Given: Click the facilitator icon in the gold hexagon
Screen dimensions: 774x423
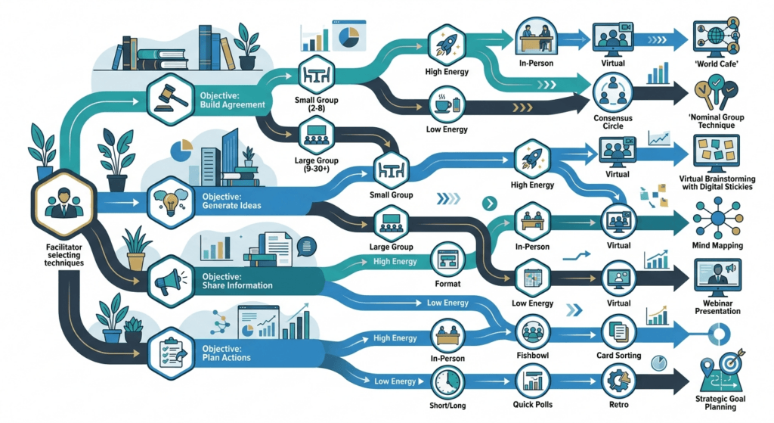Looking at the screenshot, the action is pyautogui.click(x=63, y=204).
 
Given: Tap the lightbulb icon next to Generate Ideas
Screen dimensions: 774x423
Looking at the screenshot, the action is pyautogui.click(x=170, y=202).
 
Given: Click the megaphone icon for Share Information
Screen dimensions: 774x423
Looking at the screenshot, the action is pyautogui.click(x=170, y=281).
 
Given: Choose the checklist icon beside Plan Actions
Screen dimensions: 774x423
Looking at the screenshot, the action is pyautogui.click(x=171, y=353).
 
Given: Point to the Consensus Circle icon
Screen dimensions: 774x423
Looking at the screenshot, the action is pyautogui.click(x=612, y=92).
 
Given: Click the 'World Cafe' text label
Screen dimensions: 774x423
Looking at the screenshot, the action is pyautogui.click(x=717, y=64).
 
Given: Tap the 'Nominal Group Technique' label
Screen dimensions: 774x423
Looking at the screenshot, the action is pyautogui.click(x=717, y=121).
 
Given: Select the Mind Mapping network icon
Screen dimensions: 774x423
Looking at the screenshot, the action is pyautogui.click(x=717, y=217).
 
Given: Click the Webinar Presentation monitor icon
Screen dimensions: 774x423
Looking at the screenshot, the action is pyautogui.click(x=717, y=278).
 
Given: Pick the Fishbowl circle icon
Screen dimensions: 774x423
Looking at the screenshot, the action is pyautogui.click(x=533, y=332).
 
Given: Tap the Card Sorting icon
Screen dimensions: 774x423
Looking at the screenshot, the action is pyautogui.click(x=618, y=332).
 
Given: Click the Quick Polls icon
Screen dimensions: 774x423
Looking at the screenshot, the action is pyautogui.click(x=533, y=381).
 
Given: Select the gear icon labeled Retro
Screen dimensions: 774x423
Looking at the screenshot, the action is pyautogui.click(x=618, y=381).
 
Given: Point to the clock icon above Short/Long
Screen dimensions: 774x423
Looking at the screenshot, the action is pyautogui.click(x=447, y=382).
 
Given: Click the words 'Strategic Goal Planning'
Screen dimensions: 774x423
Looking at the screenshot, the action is pyautogui.click(x=720, y=403).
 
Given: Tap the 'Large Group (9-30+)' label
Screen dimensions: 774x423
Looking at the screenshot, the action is pyautogui.click(x=317, y=164).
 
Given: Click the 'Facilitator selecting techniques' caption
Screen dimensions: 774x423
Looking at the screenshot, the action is pyautogui.click(x=63, y=255).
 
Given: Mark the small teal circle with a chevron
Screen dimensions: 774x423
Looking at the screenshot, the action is pyautogui.click(x=489, y=203).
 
